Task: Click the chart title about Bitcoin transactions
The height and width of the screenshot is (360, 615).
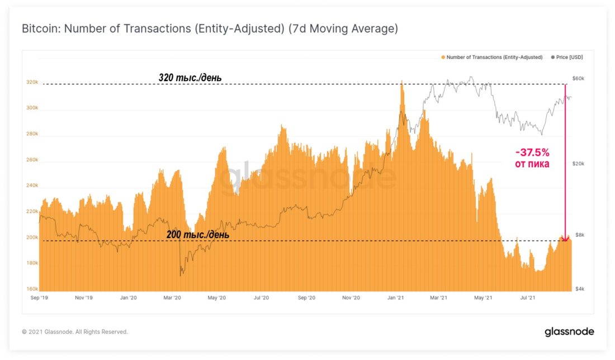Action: point(210,29)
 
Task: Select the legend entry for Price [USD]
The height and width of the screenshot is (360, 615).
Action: point(570,57)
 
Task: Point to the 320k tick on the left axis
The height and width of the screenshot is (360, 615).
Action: point(32,82)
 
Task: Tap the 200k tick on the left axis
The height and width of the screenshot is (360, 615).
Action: point(32,238)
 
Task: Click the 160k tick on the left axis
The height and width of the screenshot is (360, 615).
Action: point(32,289)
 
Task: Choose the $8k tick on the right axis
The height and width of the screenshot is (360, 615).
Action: point(580,235)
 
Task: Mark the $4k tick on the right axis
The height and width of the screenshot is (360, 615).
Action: point(580,289)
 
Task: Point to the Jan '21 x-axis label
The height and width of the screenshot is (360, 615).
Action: point(396,299)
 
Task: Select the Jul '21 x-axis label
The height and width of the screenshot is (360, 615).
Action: point(528,299)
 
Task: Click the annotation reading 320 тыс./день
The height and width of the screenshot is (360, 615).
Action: point(190,78)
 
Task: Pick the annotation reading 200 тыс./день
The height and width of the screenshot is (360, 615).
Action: point(197,235)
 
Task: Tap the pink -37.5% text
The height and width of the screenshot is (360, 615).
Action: point(532,152)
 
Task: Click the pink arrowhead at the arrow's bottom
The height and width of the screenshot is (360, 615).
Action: point(565,239)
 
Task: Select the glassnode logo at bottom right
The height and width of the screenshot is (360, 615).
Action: point(569,332)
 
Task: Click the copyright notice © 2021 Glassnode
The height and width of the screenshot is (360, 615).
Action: point(75,332)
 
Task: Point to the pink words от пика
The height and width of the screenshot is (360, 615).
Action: point(532,164)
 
